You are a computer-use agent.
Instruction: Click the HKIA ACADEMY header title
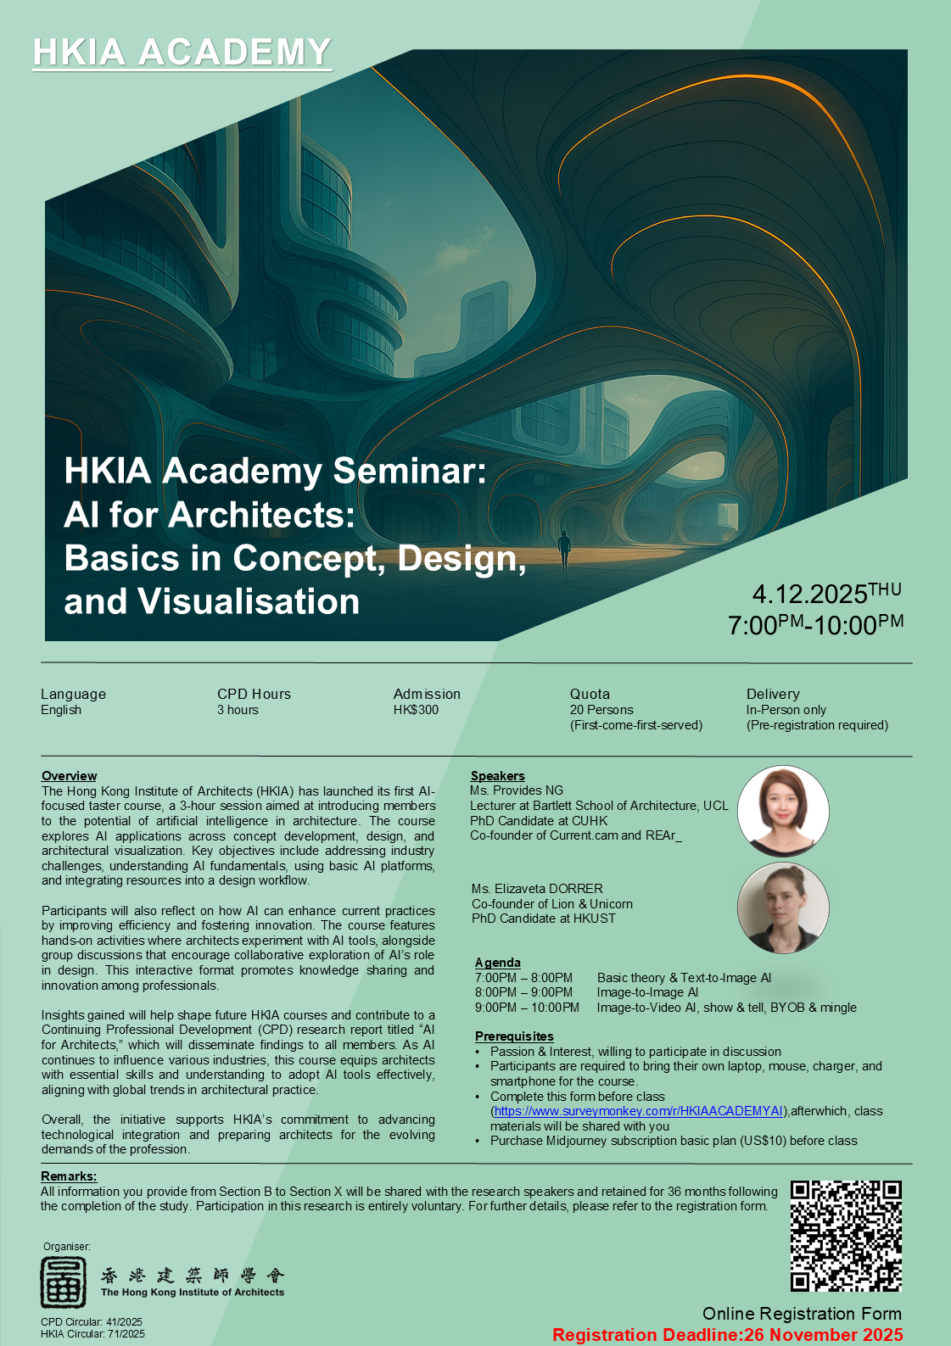coord(182,53)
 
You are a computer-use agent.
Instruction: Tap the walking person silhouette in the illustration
coord(564,550)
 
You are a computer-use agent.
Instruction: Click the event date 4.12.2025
coord(809,594)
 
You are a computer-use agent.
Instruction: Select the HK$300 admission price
coord(416,710)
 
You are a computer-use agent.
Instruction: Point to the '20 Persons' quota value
coord(601,710)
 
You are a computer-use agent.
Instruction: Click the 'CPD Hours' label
coord(254,694)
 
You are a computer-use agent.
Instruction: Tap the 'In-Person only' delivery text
coord(786,710)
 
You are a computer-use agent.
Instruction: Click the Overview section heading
coord(69,776)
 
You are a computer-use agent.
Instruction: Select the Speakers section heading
coord(497,776)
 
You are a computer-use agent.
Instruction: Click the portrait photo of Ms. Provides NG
coord(782,810)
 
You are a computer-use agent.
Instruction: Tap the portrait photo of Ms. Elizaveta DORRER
coord(782,908)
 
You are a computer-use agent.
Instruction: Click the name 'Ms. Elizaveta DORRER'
coord(537,889)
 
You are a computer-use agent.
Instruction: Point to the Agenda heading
coord(498,963)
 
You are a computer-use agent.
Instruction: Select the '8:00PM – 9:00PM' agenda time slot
coord(523,992)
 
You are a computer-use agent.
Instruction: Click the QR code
coord(846,1236)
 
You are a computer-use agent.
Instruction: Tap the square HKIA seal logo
coord(64,1282)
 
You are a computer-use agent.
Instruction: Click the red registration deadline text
coord(727,1335)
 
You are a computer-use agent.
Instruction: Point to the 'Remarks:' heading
coord(69,1176)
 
